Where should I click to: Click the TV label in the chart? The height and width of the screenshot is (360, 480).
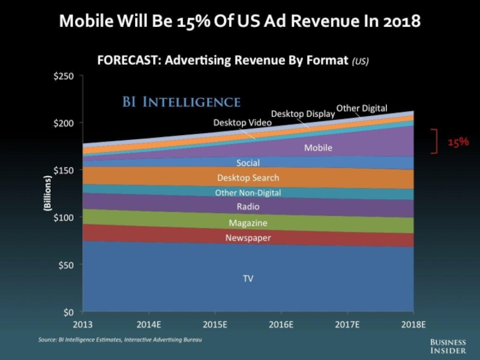coord(248,279)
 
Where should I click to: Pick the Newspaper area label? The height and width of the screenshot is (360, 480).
coord(248,238)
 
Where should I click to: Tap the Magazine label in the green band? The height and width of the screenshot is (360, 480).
coord(248,223)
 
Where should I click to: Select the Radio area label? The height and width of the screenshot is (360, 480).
coord(248,207)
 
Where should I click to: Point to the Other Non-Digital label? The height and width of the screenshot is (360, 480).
coord(248,193)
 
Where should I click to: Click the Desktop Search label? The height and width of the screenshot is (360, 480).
coord(248,178)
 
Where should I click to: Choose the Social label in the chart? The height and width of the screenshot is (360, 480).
coord(248,163)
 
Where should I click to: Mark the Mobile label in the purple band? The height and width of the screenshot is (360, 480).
coord(318,147)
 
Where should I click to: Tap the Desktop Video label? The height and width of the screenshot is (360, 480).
coord(242,122)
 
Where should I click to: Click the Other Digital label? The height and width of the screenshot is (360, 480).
coord(362,108)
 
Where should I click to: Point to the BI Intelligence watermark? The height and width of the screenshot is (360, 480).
coord(178,101)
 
